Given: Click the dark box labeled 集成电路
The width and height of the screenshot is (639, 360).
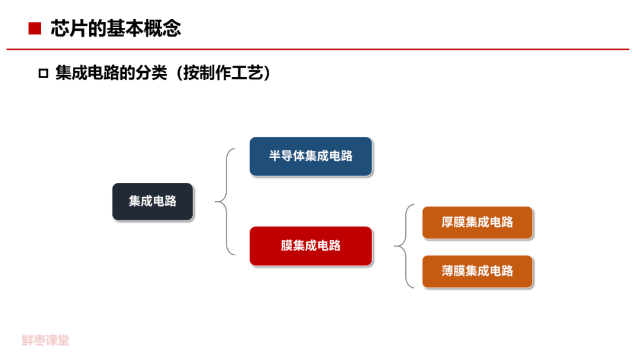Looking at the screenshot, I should tap(153, 202).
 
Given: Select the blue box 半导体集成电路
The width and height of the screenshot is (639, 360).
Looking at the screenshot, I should tap(311, 156).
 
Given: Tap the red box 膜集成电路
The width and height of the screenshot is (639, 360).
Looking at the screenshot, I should tap(311, 246).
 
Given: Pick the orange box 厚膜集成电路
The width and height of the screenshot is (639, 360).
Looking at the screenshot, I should tap(477, 223).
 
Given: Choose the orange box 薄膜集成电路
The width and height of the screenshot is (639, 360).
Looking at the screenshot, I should tap(477, 272).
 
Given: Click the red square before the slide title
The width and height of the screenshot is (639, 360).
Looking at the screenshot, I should tap(35, 28).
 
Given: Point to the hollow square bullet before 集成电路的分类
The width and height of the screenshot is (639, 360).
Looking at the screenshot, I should tap(43, 74).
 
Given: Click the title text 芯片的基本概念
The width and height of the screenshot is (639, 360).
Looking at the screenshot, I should tap(115, 28).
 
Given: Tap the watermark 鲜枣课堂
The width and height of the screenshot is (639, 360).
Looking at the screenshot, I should tap(46, 340).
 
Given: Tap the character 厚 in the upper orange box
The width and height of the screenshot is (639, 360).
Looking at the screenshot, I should tap(448, 223).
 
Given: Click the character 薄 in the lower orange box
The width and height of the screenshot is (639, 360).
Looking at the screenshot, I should tap(448, 272).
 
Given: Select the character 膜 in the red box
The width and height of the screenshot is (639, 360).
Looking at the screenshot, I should tap(287, 246).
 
